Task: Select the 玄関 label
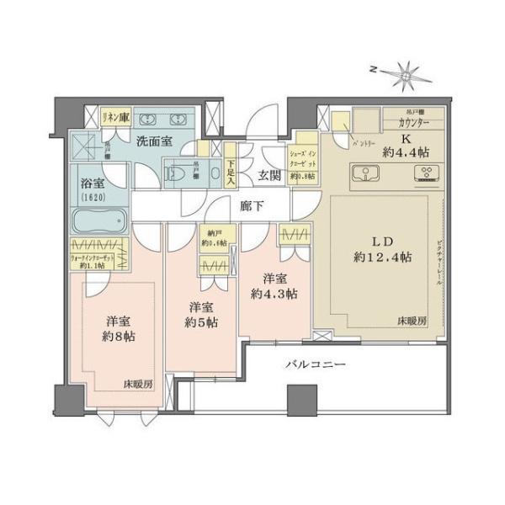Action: [x=269, y=175]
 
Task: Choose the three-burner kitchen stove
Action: [x=425, y=174]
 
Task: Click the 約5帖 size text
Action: [x=202, y=322]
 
